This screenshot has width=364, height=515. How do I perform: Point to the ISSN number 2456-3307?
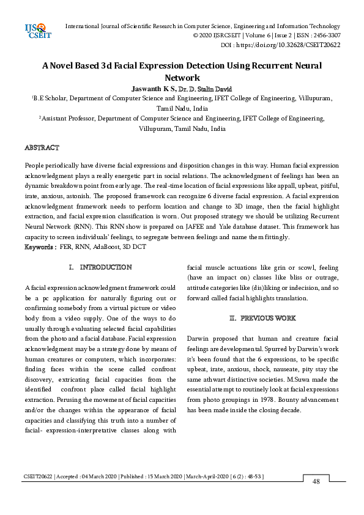(x=325, y=35)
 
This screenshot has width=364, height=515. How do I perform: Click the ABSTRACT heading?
(x=42, y=148)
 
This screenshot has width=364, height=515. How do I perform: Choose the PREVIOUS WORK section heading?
(x=268, y=318)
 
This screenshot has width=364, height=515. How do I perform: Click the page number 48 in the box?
(x=316, y=482)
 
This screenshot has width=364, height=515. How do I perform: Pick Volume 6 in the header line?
(x=253, y=35)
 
